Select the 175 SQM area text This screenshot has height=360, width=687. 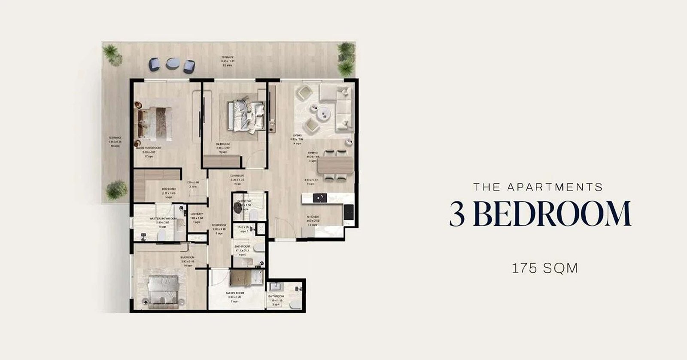545,268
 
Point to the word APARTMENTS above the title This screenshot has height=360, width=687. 554,187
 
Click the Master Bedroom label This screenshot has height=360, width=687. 148,147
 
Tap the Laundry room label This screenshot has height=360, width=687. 197,214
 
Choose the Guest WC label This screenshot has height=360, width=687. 244,201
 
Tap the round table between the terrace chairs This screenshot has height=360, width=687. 173,64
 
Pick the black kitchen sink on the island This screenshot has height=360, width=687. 319,198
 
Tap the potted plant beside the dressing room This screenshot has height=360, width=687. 116,189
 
